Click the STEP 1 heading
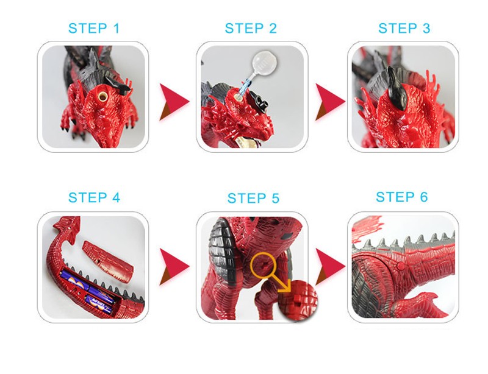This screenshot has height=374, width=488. coord(94,28)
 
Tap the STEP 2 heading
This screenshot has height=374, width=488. coord(251,28)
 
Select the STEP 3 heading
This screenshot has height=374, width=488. coord(404,28)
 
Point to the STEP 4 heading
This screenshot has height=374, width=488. coord(94,197)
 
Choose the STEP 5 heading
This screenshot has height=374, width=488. coord(253,198)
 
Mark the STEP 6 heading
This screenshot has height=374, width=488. coord(402,197)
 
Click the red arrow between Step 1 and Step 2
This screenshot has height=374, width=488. coord(173,102)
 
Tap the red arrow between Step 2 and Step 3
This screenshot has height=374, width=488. coord(329,102)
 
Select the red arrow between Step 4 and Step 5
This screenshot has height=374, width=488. coord(173,266)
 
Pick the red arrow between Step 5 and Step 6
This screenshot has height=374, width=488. coord(329,266)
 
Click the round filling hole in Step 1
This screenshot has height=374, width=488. coord(103,96)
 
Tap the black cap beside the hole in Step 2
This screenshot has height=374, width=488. coord(260,101)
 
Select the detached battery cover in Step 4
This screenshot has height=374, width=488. coord(108,262)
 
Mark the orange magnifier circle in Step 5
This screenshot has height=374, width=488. coord(264,265)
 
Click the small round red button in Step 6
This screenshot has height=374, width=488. coord(401,266)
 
